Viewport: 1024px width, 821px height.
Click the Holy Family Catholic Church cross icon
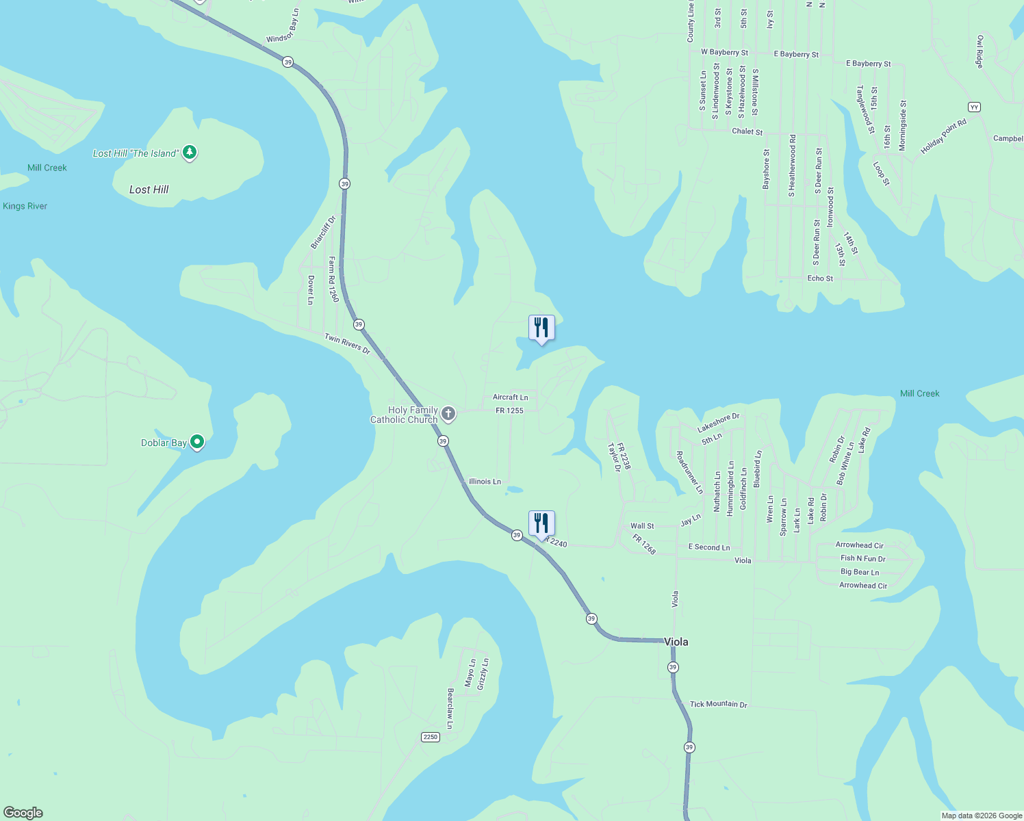point(448,413)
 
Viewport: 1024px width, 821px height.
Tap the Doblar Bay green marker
point(197,443)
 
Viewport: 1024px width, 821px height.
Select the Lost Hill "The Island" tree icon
point(190,153)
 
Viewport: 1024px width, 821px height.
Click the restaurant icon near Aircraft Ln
point(541,328)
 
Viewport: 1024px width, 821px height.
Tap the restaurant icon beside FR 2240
point(541,523)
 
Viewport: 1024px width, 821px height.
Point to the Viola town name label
point(676,642)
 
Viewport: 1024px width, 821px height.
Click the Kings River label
point(25,206)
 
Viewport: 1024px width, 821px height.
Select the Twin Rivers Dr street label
point(347,343)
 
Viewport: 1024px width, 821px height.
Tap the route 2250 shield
point(430,737)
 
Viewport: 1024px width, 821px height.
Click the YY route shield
point(974,107)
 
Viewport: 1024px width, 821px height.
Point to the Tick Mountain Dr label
point(719,704)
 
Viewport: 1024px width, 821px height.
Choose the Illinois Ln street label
point(485,482)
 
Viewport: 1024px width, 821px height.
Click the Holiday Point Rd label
point(943,136)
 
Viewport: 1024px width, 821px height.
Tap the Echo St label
point(820,278)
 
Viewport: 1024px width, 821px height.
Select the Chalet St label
point(747,131)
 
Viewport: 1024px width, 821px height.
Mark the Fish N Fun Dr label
point(862,559)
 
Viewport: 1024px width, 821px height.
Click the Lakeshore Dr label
point(719,423)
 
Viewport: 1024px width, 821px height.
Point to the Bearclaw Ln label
point(450,708)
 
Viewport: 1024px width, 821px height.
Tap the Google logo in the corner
point(23,813)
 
